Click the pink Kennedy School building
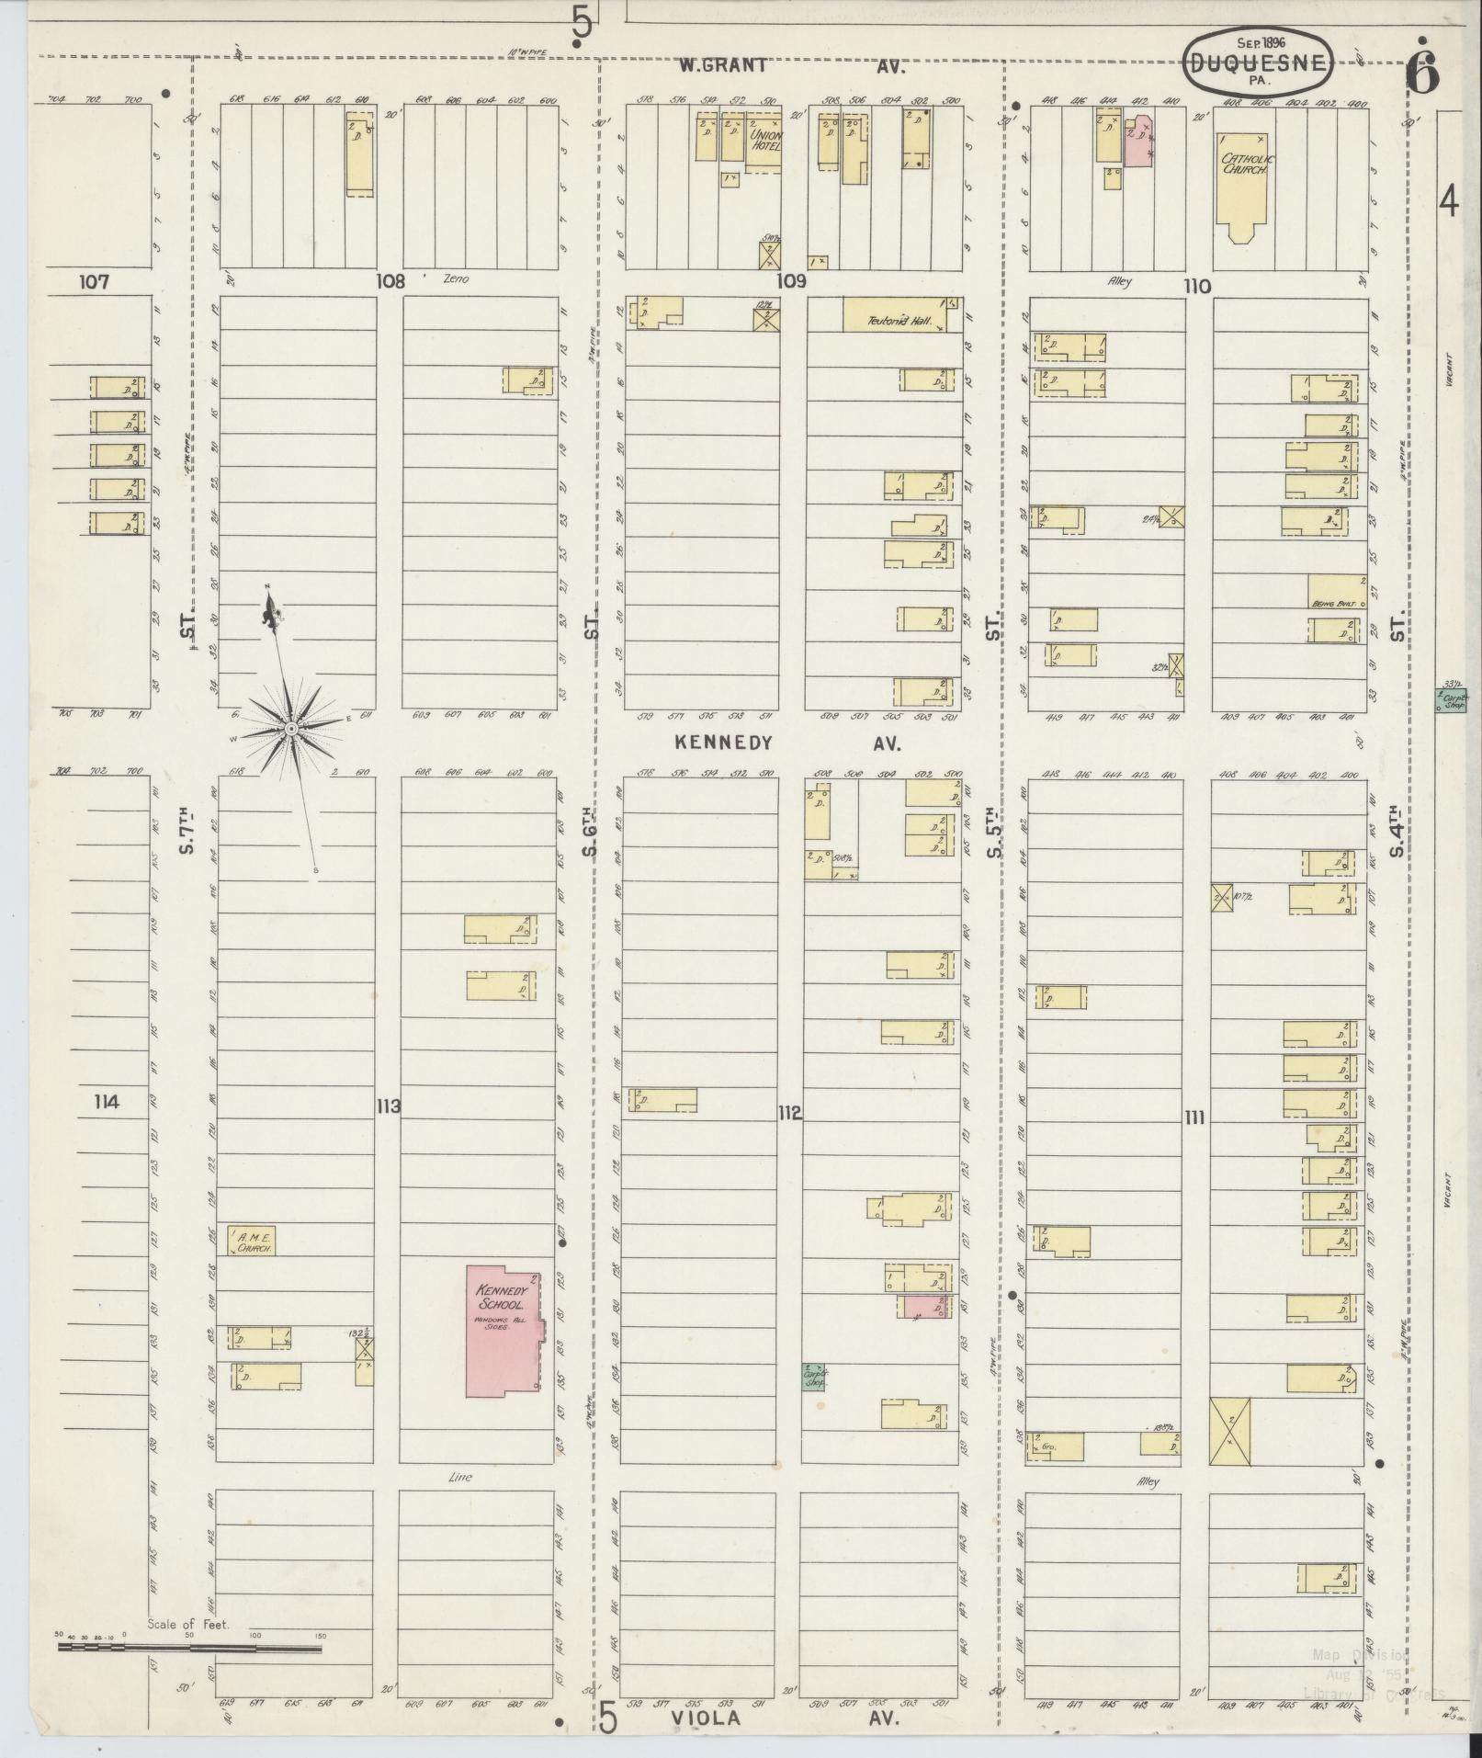click(502, 1343)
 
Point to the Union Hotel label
click(764, 140)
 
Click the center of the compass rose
click(290, 729)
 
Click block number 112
click(789, 1114)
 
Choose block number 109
click(791, 281)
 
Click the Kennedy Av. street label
click(724, 742)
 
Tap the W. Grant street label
click(723, 66)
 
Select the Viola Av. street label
click(706, 1717)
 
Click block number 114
click(107, 1101)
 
